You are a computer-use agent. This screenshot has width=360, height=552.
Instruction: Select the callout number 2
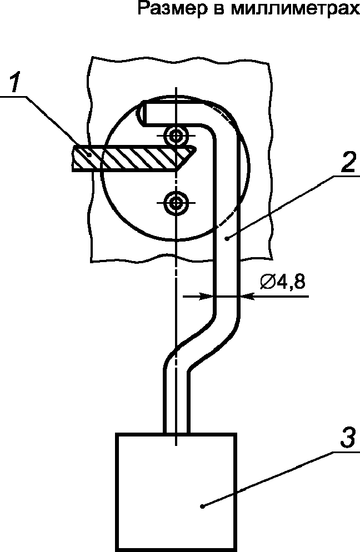pyautogui.click(x=348, y=162)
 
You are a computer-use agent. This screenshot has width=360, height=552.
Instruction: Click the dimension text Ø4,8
pyautogui.click(x=283, y=282)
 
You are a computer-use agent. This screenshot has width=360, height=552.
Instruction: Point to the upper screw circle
pyautogui.click(x=175, y=135)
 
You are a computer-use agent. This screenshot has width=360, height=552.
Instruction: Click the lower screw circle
pyautogui.click(x=175, y=203)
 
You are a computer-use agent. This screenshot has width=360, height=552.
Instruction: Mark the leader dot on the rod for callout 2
pyautogui.click(x=228, y=239)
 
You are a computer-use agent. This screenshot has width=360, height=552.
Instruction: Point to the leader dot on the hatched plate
pyautogui.click(x=90, y=154)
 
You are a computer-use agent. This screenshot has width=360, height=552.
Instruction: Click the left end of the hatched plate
pyautogui.click(x=73, y=158)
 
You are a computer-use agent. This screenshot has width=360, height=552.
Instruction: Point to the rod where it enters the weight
pyautogui.click(x=177, y=431)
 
